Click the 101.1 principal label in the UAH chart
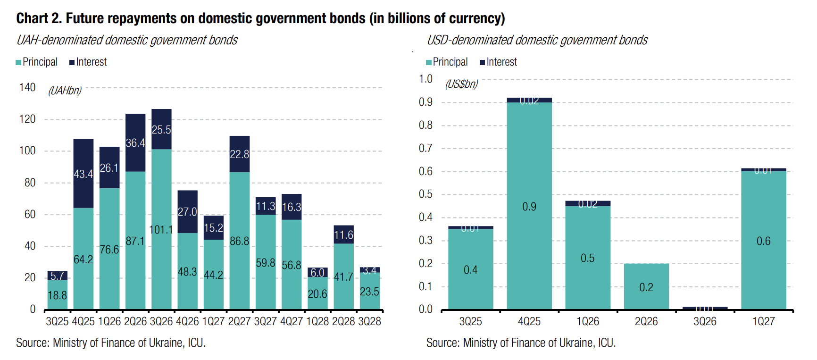161,230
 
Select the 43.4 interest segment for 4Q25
83,174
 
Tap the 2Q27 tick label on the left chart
239,322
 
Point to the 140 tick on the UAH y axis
27,87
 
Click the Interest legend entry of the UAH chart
88,62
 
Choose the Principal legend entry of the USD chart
447,62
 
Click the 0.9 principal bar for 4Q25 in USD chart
529,206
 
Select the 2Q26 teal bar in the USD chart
646,286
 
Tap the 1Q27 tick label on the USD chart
763,322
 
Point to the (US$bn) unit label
461,84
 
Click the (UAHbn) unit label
65,91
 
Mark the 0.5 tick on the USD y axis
425,194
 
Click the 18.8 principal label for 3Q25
58,295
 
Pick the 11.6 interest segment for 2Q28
343,234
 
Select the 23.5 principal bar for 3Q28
369,291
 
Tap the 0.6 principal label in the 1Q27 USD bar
763,241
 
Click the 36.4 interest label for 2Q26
135,143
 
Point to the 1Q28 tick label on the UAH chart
317,322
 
